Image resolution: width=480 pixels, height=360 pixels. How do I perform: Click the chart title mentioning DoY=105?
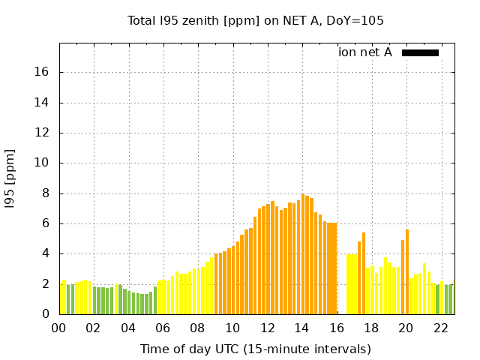(x=256, y=20)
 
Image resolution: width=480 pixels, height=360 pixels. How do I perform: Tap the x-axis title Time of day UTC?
(x=255, y=349)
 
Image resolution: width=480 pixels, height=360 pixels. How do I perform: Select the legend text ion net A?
(x=365, y=52)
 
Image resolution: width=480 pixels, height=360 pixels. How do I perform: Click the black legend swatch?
(x=420, y=52)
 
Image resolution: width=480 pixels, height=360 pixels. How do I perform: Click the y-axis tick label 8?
(x=46, y=193)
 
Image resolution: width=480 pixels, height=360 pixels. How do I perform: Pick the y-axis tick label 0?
(x=46, y=314)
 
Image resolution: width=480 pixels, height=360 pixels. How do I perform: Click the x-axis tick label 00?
(x=59, y=328)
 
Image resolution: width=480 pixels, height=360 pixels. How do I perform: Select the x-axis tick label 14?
(x=301, y=328)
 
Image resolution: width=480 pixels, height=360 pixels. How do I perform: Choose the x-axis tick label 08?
(x=198, y=328)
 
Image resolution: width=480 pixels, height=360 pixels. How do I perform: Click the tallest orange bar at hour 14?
(x=303, y=255)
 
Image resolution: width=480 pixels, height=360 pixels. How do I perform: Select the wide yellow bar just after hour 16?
(x=351, y=284)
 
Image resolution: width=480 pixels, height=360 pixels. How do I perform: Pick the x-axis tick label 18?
(x=371, y=328)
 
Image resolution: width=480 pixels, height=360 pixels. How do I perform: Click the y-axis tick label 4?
(x=46, y=253)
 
